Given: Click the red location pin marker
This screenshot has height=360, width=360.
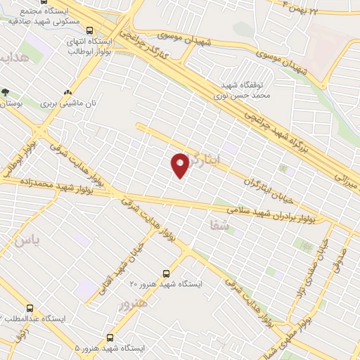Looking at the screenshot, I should click(x=180, y=165).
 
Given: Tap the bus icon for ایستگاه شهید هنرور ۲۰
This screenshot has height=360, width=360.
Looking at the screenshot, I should click(x=167, y=274).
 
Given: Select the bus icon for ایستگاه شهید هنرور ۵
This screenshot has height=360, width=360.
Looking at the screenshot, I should click(x=110, y=337).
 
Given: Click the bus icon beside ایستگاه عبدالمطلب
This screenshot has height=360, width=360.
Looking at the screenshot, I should click(x=30, y=308).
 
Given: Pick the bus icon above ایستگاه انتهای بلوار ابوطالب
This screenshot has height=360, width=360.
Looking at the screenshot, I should click(x=89, y=30).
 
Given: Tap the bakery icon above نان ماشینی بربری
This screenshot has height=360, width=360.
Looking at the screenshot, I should click(x=68, y=92).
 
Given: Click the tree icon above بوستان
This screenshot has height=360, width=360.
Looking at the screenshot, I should click(x=6, y=92).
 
